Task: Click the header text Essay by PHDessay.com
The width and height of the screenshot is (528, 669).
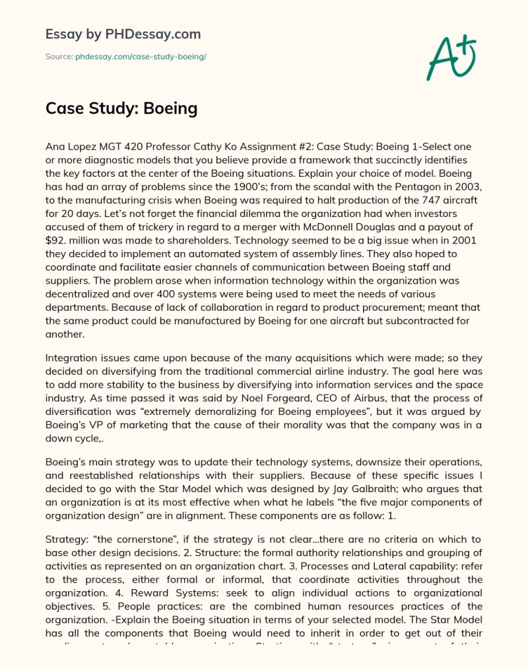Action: (x=123, y=34)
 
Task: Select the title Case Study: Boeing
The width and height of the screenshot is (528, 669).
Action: (x=121, y=108)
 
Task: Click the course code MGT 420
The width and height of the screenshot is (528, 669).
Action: (x=120, y=146)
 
